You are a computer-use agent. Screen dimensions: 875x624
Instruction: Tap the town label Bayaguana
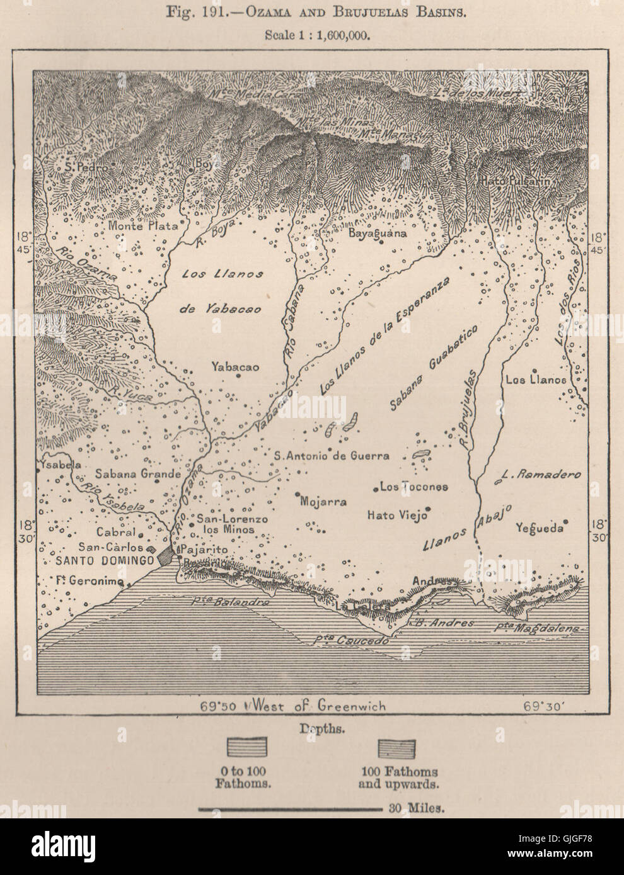click(378, 232)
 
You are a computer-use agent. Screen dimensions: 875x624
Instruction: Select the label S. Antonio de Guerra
click(333, 455)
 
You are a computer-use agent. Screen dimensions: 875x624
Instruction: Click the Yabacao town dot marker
click(239, 376)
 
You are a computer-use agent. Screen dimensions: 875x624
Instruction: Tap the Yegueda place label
click(538, 528)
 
